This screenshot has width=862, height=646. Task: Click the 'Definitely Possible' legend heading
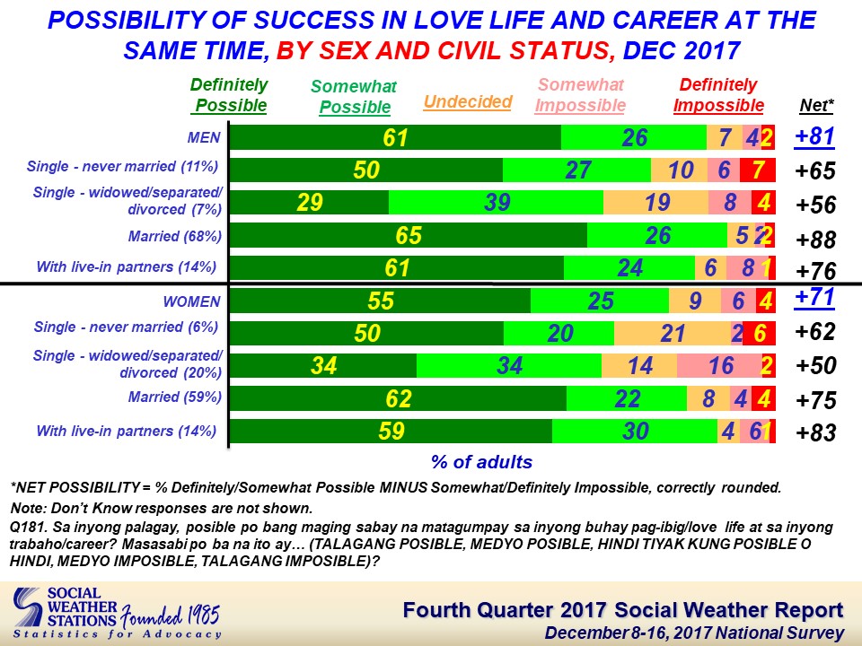(x=229, y=95)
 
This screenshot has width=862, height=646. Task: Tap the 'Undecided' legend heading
(x=468, y=101)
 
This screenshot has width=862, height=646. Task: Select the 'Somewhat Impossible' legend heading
(x=581, y=95)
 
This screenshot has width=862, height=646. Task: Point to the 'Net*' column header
(x=816, y=105)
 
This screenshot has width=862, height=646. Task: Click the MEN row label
(x=204, y=137)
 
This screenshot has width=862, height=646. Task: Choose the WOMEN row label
(x=192, y=301)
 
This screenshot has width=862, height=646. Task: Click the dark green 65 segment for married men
(x=408, y=235)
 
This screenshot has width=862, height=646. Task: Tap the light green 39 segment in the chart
(x=496, y=202)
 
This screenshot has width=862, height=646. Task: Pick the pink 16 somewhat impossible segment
(x=719, y=365)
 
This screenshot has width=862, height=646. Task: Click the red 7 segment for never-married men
(x=758, y=170)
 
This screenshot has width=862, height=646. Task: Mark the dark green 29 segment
(x=309, y=202)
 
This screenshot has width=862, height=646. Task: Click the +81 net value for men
(x=814, y=136)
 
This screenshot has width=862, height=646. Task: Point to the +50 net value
(x=816, y=365)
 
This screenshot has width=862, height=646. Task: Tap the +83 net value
(x=816, y=432)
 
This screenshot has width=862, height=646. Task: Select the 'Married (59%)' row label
(x=175, y=397)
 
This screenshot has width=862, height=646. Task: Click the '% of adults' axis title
(x=481, y=462)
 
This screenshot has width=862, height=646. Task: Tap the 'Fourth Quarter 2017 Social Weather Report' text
(x=623, y=610)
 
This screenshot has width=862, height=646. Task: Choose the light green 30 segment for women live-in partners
(x=635, y=432)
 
